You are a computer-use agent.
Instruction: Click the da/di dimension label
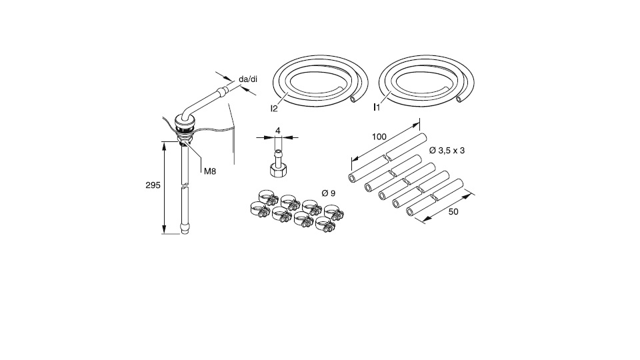click(x=248, y=79)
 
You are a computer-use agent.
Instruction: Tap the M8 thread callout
click(x=210, y=171)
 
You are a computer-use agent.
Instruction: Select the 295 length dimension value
click(x=153, y=185)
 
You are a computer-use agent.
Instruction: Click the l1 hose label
click(x=377, y=106)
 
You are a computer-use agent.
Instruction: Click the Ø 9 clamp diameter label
click(x=328, y=193)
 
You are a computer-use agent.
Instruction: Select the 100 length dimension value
click(x=379, y=137)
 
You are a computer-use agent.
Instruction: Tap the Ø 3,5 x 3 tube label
click(x=447, y=151)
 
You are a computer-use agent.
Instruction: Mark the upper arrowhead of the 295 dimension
click(x=164, y=144)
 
